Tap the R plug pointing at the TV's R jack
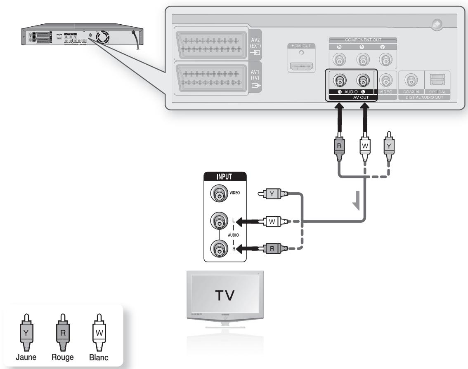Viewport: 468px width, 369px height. (x=272, y=248)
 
